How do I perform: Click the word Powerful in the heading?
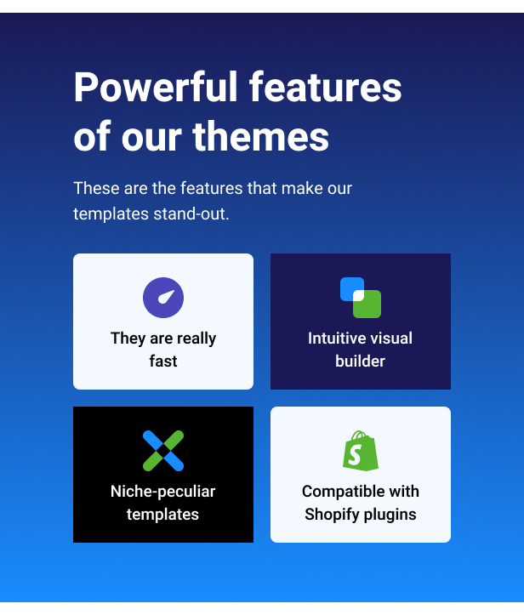[x=156, y=87]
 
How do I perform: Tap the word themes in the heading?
[x=261, y=136]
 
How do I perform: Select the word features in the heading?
[x=326, y=87]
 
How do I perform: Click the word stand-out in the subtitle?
[x=191, y=214]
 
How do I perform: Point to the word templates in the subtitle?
[x=111, y=214]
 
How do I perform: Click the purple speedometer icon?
[x=163, y=298]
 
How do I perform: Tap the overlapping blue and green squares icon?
[x=361, y=298]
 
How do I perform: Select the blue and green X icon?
[x=163, y=451]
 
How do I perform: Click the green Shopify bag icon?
[x=361, y=451]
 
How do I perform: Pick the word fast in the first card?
[x=163, y=362]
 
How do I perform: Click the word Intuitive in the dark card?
[x=333, y=338]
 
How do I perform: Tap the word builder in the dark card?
[x=361, y=362]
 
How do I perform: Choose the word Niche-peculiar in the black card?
[x=163, y=492]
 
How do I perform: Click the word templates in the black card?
[x=162, y=515]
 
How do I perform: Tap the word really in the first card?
[x=196, y=339]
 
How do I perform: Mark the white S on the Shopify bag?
[x=355, y=455]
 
